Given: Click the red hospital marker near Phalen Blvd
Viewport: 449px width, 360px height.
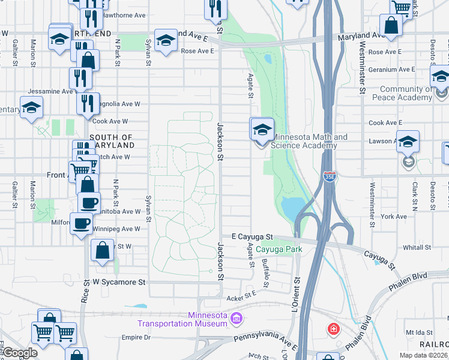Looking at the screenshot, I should click(x=333, y=329).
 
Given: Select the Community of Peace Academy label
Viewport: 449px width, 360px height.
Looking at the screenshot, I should click(x=402, y=94).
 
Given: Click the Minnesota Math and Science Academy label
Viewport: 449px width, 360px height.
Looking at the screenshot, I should click(x=309, y=141).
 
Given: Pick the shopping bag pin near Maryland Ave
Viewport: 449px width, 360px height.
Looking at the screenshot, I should click(x=391, y=26).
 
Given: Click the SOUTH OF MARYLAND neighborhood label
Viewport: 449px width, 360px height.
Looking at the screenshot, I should click(x=112, y=141).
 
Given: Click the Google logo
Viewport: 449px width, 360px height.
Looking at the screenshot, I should click(x=20, y=353).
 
